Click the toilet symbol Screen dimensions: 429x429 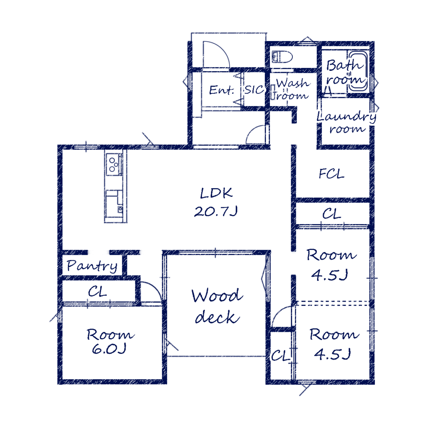pyautogui.click(x=282, y=57)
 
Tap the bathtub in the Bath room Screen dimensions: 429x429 pyautogui.click(x=358, y=70)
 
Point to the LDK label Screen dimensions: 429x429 pyautogui.click(x=216, y=193)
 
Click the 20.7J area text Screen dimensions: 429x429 pyautogui.click(x=216, y=211)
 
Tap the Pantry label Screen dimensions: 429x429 pyautogui.click(x=92, y=266)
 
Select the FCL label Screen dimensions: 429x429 pyautogui.click(x=331, y=174)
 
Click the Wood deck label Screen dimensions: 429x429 pyautogui.click(x=217, y=306)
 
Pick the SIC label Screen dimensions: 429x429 pyautogui.click(x=254, y=90)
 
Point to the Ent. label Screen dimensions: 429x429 pyautogui.click(x=222, y=90)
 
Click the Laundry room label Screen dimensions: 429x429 pyautogui.click(x=346, y=122)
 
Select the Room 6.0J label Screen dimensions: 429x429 pyautogui.click(x=110, y=341)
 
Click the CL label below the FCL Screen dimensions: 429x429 pyautogui.click(x=332, y=214)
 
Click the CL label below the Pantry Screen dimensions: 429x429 pyautogui.click(x=97, y=292)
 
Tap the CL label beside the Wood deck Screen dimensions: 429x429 pyautogui.click(x=281, y=356)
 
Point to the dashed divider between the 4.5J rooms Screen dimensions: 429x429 pyautogui.click(x=333, y=303)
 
